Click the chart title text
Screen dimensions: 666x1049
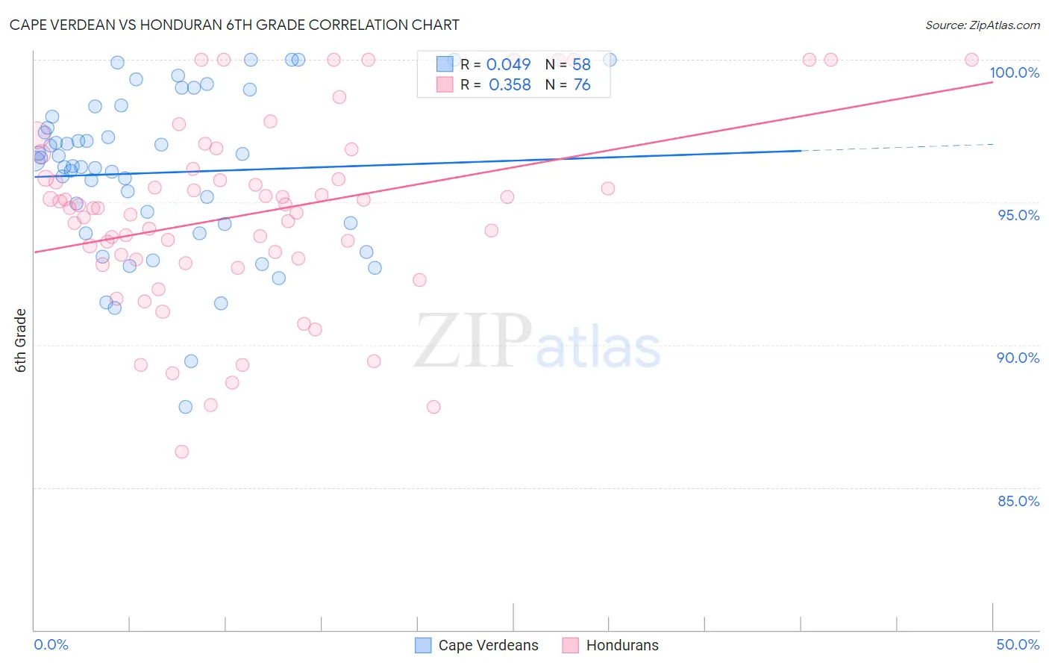[234, 25]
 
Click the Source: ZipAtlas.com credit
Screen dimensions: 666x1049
[982, 25]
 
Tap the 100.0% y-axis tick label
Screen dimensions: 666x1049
[1014, 72]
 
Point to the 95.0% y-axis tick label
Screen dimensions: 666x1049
[1018, 215]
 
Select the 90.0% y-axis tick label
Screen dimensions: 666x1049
[1018, 358]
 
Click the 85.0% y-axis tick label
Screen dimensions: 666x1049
[1018, 501]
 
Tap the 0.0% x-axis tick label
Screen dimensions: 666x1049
[51, 644]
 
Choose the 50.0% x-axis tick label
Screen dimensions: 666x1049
[1018, 644]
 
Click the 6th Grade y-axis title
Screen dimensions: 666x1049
[21, 340]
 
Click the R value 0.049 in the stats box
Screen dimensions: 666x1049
[508, 65]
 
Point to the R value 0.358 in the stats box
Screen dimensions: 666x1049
[510, 85]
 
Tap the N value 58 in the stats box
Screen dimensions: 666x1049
[581, 65]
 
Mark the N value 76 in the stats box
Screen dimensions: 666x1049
[582, 85]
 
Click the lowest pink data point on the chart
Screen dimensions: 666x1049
[181, 452]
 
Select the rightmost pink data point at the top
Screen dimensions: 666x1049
[971, 60]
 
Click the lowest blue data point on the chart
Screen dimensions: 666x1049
[186, 407]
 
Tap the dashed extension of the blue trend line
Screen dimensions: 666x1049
[895, 147]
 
